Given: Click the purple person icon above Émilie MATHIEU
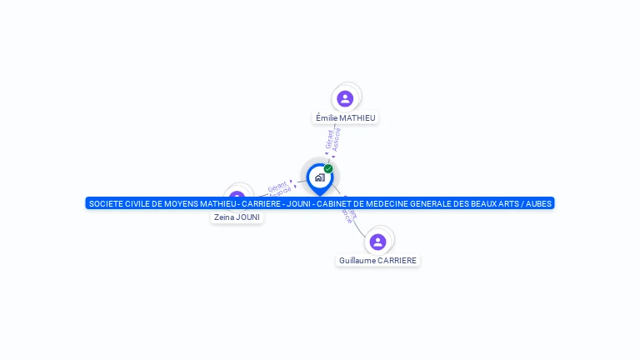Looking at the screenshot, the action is click(x=345, y=99).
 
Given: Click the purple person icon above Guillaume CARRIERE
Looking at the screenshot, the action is click(x=377, y=242).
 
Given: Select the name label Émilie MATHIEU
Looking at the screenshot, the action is click(x=346, y=118).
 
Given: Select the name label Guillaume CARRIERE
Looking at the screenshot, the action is click(x=377, y=261).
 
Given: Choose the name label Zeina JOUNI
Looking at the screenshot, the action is click(x=237, y=217).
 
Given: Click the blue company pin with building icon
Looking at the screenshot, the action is click(x=319, y=177).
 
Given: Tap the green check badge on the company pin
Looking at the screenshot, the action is click(x=328, y=169).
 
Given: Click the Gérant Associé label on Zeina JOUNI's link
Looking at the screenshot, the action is click(x=279, y=188).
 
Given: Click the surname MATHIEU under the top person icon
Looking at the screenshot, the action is click(x=358, y=118).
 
